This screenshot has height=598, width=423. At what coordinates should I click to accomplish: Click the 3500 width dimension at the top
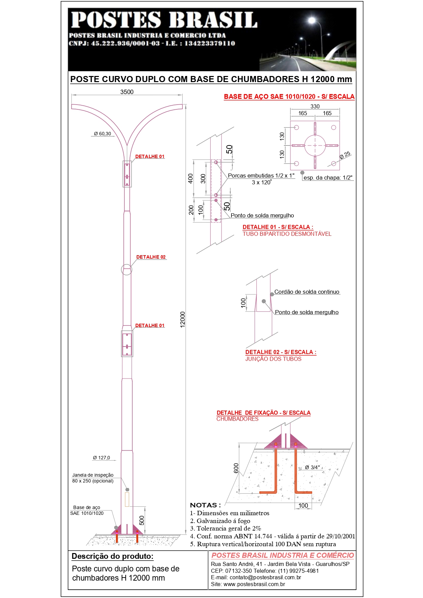pyautogui.click(x=127, y=92)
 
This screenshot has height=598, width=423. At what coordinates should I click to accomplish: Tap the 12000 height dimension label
pyautogui.click(x=183, y=320)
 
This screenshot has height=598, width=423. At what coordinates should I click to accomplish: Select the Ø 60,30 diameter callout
pyautogui.click(x=103, y=134)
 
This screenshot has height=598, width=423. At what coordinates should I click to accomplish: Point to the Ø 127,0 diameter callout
pyautogui.click(x=102, y=458)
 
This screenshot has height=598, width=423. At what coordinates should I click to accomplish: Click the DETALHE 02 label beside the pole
pyautogui.click(x=151, y=257)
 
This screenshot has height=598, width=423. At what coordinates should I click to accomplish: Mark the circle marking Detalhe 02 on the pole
pyautogui.click(x=126, y=269)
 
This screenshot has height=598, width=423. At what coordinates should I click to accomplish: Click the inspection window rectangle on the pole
pyautogui.click(x=127, y=499)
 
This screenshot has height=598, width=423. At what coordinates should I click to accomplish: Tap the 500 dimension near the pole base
pyautogui.click(x=142, y=520)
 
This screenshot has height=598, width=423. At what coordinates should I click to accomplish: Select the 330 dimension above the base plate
pyautogui.click(x=315, y=106)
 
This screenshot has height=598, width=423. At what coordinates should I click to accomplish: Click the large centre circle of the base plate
pyautogui.click(x=315, y=145)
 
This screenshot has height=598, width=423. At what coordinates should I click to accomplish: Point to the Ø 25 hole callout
pyautogui.click(x=345, y=155)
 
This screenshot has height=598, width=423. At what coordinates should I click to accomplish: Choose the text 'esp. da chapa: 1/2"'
pyautogui.click(x=328, y=178)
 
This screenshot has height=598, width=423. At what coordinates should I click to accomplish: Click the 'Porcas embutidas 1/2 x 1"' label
pyautogui.click(x=261, y=175)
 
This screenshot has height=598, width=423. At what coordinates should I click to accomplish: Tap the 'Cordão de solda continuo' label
pyautogui.click(x=307, y=292)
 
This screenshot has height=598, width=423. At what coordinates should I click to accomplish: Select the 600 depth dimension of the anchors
pyautogui.click(x=236, y=468)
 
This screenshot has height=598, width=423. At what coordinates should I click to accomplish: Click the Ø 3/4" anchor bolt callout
pyautogui.click(x=312, y=467)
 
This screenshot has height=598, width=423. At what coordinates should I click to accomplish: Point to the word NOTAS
pyautogui.click(x=205, y=505)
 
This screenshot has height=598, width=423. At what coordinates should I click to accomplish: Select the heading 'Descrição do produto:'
pyautogui.click(x=112, y=556)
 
